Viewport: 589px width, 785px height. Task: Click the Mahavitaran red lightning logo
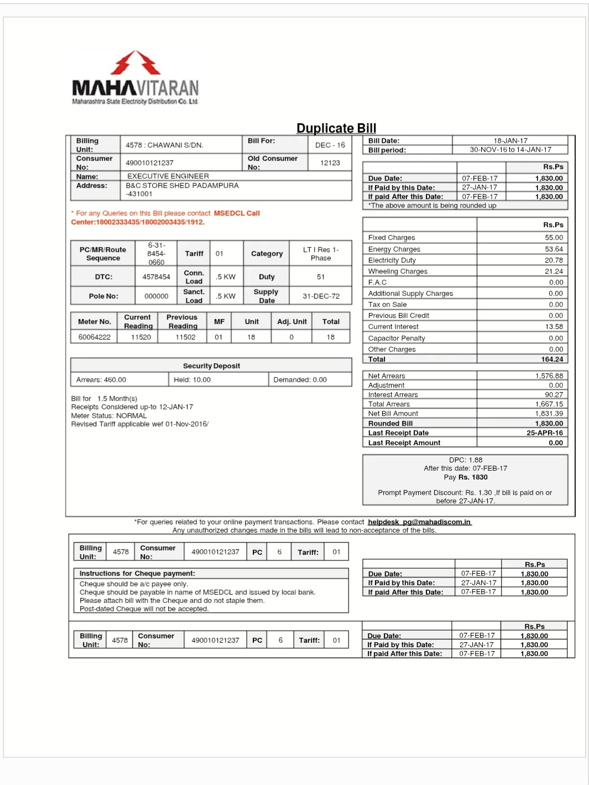[135, 63]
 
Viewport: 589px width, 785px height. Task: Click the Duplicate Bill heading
[336, 128]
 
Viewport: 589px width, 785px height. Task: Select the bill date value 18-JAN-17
[510, 141]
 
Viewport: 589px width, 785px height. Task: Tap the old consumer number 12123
[330, 163]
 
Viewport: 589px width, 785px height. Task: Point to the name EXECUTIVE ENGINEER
[168, 176]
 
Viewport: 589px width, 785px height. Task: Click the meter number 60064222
[94, 337]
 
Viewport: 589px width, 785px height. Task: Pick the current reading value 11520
[140, 337]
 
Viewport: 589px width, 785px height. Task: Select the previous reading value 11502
[185, 337]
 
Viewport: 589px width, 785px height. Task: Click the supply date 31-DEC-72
[321, 296]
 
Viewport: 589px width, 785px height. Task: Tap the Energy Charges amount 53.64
[554, 249]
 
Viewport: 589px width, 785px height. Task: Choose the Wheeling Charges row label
[398, 271]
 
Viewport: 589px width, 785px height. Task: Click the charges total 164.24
[552, 359]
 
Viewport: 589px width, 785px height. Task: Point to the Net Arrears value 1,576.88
[549, 376]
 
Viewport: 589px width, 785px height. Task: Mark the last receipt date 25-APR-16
[544, 433]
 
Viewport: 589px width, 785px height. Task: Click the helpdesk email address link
[419, 522]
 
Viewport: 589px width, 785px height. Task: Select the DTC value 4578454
[156, 277]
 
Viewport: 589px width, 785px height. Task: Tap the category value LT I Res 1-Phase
[321, 253]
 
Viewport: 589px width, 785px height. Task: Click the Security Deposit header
[211, 366]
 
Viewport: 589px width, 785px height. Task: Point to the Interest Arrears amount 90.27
[554, 394]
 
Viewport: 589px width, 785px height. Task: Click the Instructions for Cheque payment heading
[137, 573]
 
